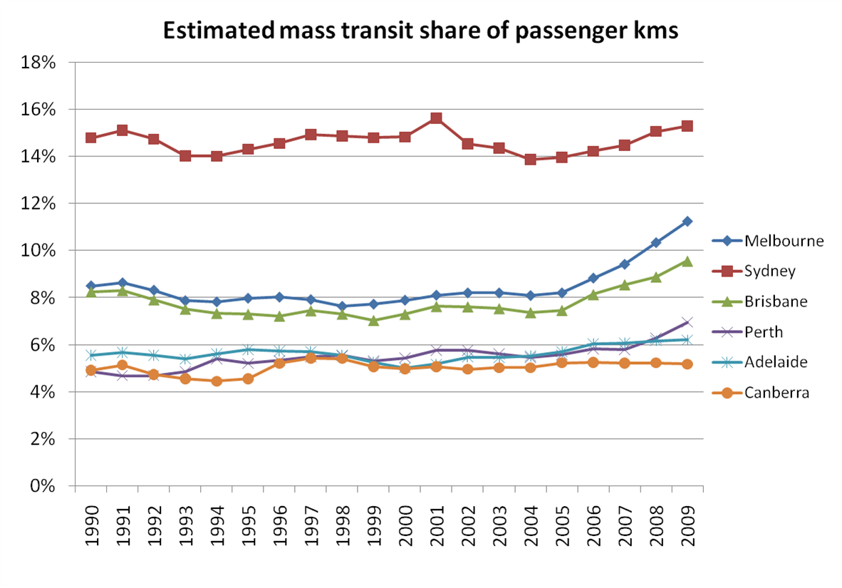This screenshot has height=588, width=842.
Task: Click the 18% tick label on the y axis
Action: (x=39, y=63)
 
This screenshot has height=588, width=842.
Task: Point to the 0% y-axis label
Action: (x=44, y=486)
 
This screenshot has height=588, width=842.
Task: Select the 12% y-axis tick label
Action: (x=39, y=204)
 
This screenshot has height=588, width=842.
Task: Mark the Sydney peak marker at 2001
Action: (x=437, y=118)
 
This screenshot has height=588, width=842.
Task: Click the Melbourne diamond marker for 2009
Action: (x=687, y=222)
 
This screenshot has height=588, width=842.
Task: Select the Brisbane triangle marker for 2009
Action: (x=687, y=261)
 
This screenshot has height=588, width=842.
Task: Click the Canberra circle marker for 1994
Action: (x=217, y=381)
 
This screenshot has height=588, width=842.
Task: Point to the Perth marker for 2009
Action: (x=687, y=323)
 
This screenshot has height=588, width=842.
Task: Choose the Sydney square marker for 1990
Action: (x=91, y=138)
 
